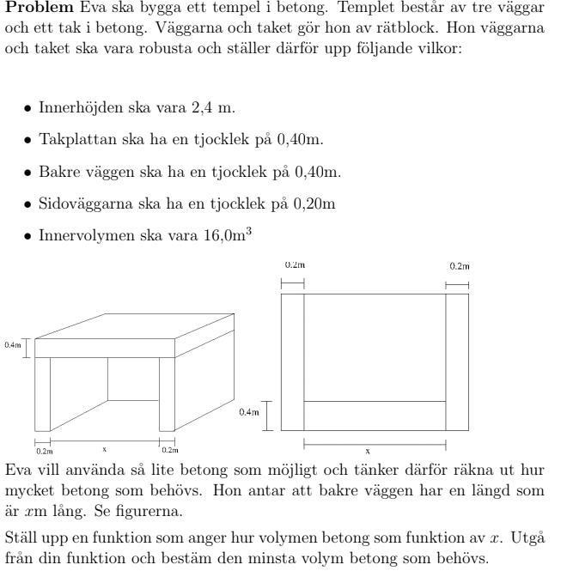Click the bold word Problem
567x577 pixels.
[x=40, y=7]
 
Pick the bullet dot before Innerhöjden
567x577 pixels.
[x=28, y=109]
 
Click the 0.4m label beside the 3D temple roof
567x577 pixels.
[x=12, y=346]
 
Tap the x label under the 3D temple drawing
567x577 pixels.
[x=105, y=449]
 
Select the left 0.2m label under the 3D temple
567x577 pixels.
[x=43, y=450]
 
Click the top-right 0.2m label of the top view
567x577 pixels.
[x=459, y=266]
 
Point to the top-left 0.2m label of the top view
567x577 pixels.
[x=294, y=266]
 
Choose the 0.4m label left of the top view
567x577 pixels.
[x=248, y=413]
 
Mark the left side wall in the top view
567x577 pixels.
[x=293, y=361]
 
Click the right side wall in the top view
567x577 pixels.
[x=457, y=361]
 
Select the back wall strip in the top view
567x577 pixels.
[x=375, y=416]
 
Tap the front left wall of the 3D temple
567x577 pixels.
[x=42, y=394]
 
